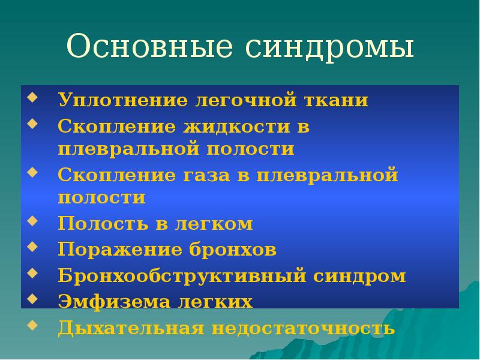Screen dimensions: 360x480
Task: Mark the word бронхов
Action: (239, 250)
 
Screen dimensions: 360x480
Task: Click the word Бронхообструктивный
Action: (181, 276)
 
